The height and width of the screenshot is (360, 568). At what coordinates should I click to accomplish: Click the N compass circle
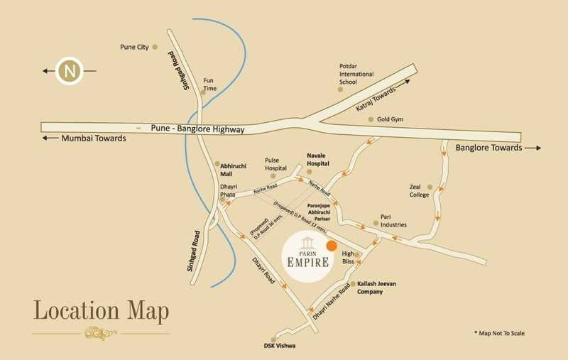pyautogui.click(x=68, y=71)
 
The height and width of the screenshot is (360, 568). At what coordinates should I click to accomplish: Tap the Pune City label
pyautogui.click(x=134, y=47)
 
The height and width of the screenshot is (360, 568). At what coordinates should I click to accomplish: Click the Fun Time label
pyautogui.click(x=209, y=84)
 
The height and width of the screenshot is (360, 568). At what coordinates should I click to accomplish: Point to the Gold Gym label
pyautogui.click(x=390, y=119)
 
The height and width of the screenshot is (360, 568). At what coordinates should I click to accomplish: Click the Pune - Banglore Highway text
pyautogui.click(x=197, y=129)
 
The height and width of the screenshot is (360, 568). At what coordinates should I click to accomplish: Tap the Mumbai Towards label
pyautogui.click(x=94, y=138)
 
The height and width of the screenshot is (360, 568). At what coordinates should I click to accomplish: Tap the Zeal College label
pyautogui.click(x=420, y=191)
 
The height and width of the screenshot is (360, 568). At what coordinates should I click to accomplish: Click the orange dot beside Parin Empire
pyautogui.click(x=332, y=246)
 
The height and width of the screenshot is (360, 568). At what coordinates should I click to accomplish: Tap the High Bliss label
pyautogui.click(x=348, y=258)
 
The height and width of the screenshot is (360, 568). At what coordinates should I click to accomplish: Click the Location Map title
pyautogui.click(x=100, y=310)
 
